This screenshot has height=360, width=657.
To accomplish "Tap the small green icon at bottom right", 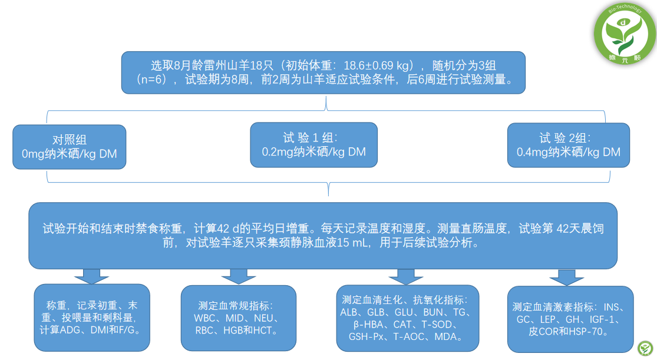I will click(646, 347).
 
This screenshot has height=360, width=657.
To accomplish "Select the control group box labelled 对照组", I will click(70, 147).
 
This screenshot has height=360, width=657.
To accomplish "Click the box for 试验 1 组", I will click(313, 144).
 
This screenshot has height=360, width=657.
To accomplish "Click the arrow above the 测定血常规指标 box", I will click(238, 275).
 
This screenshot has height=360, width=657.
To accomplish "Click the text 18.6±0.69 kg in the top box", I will click(375, 65).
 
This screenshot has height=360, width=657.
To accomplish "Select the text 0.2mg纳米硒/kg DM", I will click(313, 152).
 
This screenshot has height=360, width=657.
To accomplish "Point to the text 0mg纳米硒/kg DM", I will click(70, 154).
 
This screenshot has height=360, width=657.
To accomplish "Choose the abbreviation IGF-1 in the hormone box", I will click(607, 319).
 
